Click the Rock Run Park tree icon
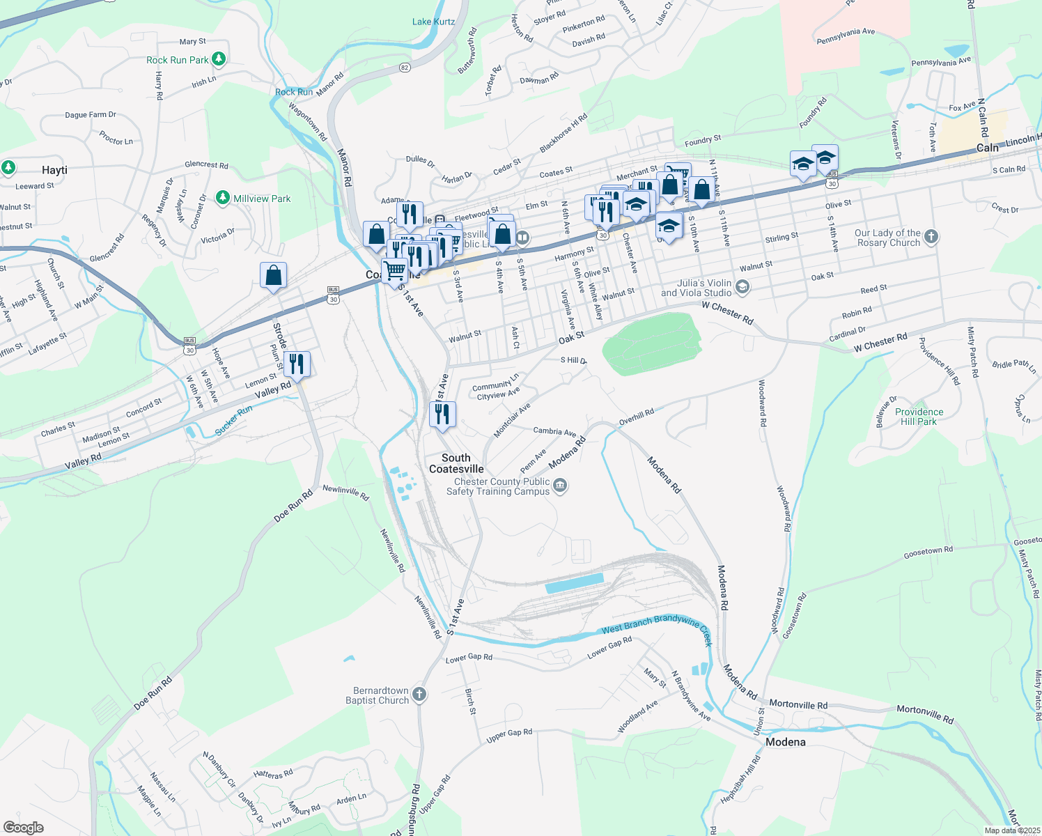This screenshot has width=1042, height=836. pyautogui.click(x=219, y=59)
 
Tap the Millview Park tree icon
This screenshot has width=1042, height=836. pyautogui.click(x=223, y=199)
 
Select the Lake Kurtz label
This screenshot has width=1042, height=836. pyautogui.click(x=433, y=22)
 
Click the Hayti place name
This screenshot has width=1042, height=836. pyautogui.click(x=54, y=170)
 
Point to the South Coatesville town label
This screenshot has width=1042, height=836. pyautogui.click(x=456, y=463)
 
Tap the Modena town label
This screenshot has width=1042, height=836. pyautogui.click(x=785, y=742)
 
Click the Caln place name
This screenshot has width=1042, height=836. pyautogui.click(x=987, y=148)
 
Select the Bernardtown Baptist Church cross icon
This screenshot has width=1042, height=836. pyautogui.click(x=419, y=694)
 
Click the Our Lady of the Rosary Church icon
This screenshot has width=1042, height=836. pyautogui.click(x=931, y=238)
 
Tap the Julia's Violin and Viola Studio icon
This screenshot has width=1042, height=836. pyautogui.click(x=742, y=287)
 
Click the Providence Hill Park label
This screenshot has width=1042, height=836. pyautogui.click(x=919, y=417)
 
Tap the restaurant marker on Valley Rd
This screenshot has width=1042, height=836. pyautogui.click(x=297, y=364)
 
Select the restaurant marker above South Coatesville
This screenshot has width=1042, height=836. pyautogui.click(x=443, y=415)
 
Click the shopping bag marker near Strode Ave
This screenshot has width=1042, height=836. pyautogui.click(x=274, y=275)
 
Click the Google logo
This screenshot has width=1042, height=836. pyautogui.click(x=24, y=828)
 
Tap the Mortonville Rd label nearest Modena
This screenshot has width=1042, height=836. pyautogui.click(x=798, y=704)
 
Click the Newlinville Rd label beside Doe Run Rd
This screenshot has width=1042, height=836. pyautogui.click(x=345, y=492)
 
